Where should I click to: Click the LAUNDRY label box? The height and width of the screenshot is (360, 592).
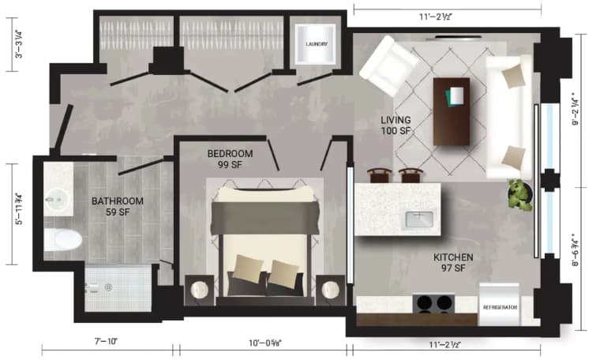click(x=316, y=45)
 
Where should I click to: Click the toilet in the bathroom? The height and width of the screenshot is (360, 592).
click(x=60, y=238)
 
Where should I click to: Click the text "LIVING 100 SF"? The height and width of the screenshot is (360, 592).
click(x=395, y=125)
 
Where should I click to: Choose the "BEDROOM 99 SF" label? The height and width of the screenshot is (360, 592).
click(x=230, y=159)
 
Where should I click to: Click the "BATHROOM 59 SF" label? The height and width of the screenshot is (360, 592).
click(x=117, y=207)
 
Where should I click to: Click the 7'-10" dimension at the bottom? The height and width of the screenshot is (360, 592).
click(x=104, y=342)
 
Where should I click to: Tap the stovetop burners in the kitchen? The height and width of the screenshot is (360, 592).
click(x=434, y=302)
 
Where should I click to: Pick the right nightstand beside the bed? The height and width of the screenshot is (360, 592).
click(x=329, y=288)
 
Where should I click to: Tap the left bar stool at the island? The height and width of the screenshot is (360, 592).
click(x=380, y=175)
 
